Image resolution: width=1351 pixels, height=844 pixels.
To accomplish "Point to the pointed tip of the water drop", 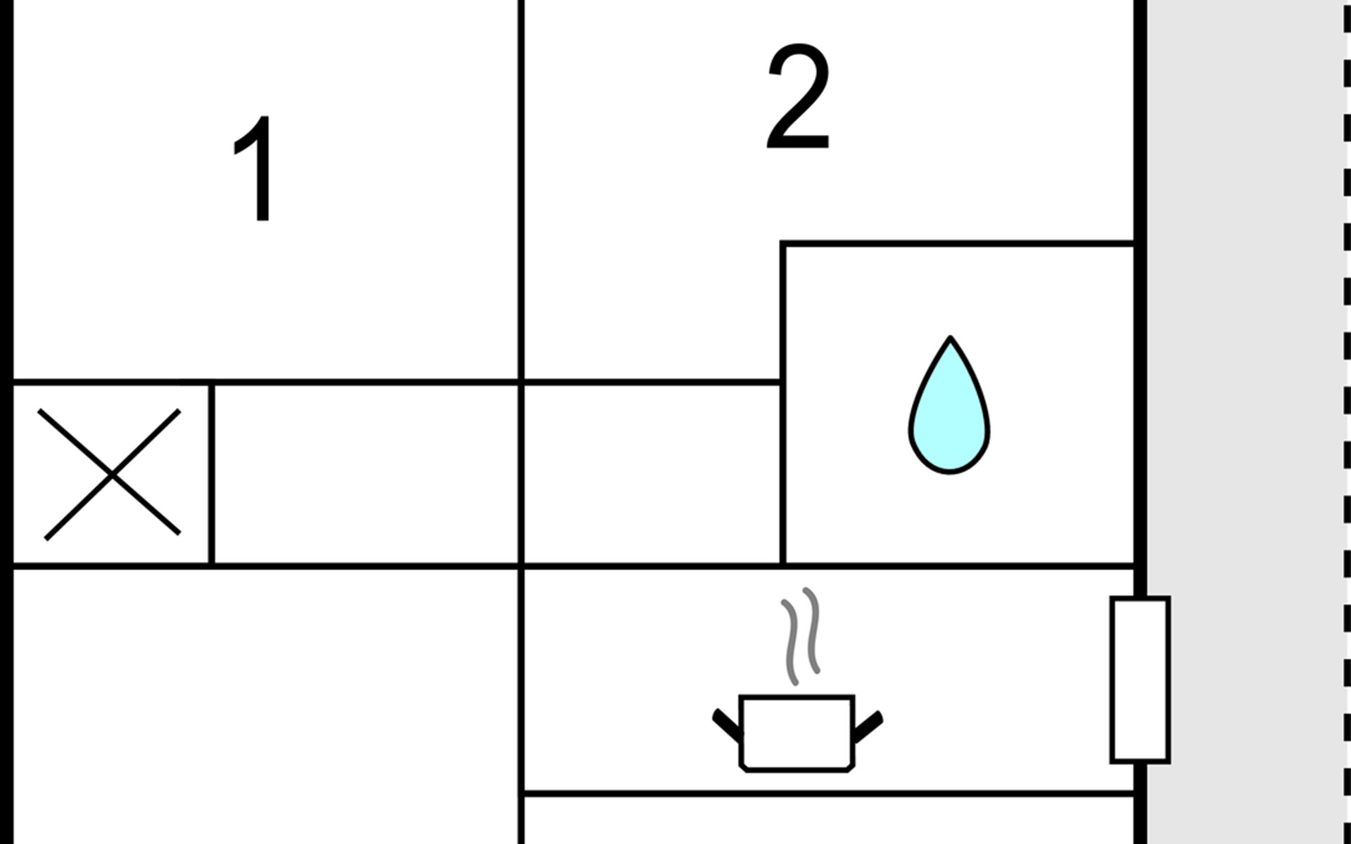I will click(950, 340).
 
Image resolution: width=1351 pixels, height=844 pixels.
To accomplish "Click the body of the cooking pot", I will click(797, 733).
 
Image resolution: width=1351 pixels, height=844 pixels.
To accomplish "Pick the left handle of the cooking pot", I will click(727, 725).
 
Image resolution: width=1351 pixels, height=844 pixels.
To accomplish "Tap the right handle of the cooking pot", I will click(868, 725).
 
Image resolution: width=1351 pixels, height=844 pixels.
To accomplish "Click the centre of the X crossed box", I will click(111, 475).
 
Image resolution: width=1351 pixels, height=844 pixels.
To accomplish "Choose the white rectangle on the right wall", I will click(1140, 679).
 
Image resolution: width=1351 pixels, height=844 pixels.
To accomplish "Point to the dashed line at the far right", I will click(1346, 422).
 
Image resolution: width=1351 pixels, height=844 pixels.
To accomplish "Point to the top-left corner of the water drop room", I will click(783, 244).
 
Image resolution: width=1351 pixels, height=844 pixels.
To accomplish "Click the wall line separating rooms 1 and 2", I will click(521, 190).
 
